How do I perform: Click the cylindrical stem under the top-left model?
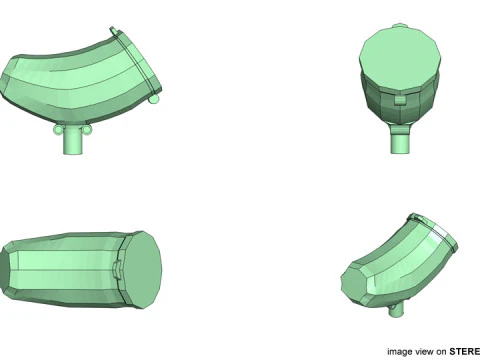point(72,143)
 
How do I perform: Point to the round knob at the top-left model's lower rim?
point(154,99)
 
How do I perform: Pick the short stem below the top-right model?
point(400,140)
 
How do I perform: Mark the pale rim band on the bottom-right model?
point(440,233)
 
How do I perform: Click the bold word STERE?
point(464,351)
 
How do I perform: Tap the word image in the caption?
point(401,351)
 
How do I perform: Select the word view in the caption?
point(426,351)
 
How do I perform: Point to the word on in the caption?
point(442,351)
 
